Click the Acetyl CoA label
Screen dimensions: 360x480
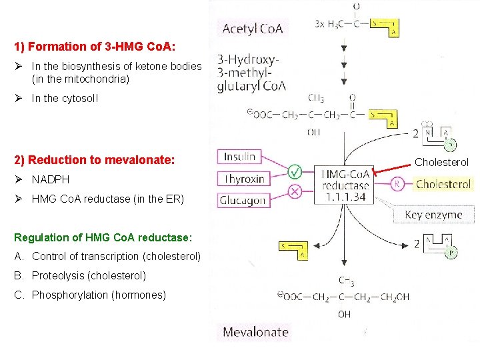[253, 28]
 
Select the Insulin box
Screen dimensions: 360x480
[240, 157]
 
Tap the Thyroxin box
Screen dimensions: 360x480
[245, 179]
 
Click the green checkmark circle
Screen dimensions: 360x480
[294, 171]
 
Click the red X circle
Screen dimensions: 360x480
[294, 191]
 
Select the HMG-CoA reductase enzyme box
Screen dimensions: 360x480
[345, 183]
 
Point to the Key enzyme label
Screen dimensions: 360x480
[434, 215]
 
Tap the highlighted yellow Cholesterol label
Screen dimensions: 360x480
[443, 184]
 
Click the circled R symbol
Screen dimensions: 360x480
[398, 184]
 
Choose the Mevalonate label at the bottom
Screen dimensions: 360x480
[255, 332]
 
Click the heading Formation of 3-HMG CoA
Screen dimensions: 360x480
[95, 47]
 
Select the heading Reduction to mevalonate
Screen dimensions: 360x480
[94, 160]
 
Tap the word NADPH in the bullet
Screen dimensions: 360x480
[51, 179]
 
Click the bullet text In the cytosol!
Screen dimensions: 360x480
[65, 98]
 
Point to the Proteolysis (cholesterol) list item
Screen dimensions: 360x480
[89, 275]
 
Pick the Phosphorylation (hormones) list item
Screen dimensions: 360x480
[99, 295]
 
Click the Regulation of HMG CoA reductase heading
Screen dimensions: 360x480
[103, 237]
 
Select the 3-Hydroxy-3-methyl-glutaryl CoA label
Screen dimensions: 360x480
[251, 72]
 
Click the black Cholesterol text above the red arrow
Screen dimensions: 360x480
[442, 162]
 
